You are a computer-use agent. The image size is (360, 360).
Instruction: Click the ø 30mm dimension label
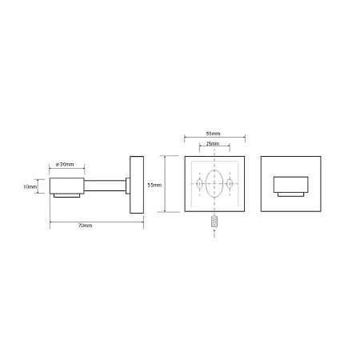(x=65, y=165)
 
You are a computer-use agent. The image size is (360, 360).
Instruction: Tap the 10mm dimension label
(x=30, y=187)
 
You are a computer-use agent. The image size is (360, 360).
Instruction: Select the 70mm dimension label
(x=86, y=226)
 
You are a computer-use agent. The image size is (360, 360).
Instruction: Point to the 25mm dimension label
(x=213, y=144)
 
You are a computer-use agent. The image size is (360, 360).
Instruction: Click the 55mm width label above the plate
(x=214, y=134)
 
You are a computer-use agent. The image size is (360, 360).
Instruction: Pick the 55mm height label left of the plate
(x=154, y=185)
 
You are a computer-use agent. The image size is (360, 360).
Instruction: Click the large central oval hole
(x=214, y=184)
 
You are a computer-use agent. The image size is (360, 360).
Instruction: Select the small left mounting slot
(x=199, y=183)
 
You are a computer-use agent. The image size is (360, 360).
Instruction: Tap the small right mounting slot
(x=230, y=183)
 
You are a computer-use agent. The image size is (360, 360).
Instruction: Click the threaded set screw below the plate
(x=214, y=222)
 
